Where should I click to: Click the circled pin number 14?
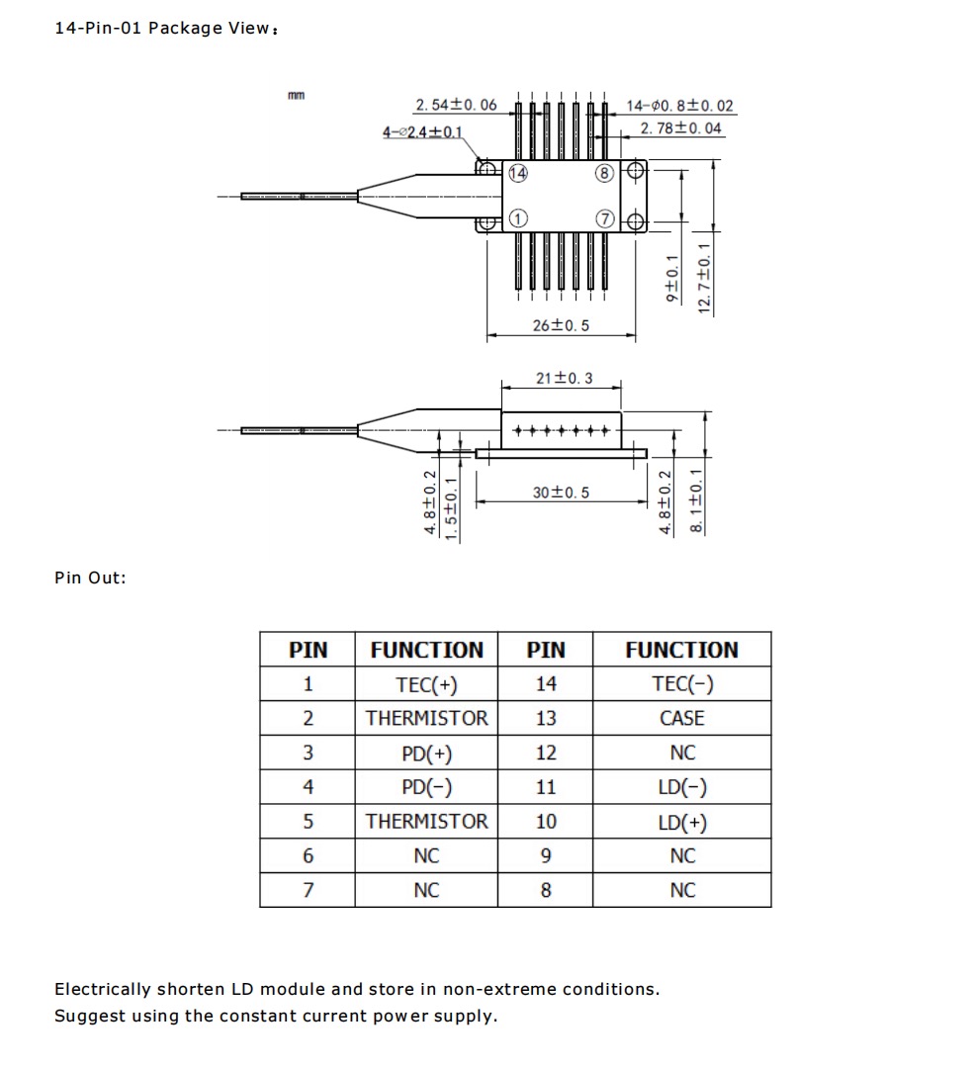517,174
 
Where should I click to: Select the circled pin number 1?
517,218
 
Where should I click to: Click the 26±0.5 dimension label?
561,325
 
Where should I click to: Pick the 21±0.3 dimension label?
564,379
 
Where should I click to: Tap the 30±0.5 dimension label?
561,491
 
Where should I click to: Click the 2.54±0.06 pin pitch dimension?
456,106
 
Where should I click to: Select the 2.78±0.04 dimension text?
680,129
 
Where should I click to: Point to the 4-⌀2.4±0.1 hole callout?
423,133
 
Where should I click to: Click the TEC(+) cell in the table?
426,684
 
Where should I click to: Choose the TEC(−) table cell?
682,684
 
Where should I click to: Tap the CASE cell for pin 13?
682,719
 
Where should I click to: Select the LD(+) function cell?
682,822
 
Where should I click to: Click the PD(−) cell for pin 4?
426,787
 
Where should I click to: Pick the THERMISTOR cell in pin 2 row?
426,719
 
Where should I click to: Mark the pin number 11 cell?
546,787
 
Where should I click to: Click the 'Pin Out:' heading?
90,578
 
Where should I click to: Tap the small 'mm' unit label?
296,95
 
